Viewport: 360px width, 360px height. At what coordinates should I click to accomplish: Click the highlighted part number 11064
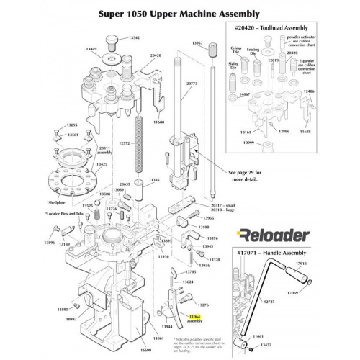[194, 316]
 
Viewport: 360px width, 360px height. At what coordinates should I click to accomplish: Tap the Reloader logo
[273, 235]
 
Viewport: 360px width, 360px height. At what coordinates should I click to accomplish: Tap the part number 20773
[191, 84]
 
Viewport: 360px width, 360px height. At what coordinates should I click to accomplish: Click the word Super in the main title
[113, 14]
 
